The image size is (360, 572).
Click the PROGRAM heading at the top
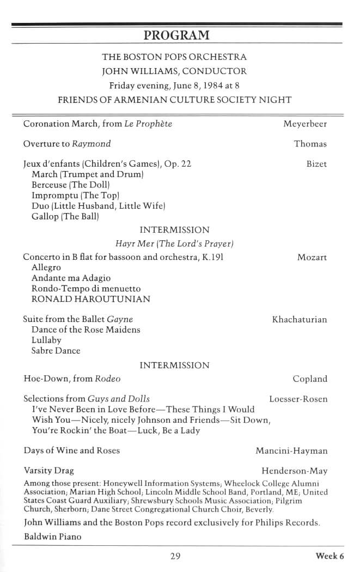(176, 35)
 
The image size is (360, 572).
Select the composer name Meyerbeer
(305, 124)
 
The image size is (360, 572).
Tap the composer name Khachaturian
(300, 319)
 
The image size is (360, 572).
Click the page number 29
(175, 556)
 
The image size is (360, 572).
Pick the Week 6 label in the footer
(330, 556)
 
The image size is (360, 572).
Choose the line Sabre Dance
(56, 351)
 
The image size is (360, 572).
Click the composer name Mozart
(312, 257)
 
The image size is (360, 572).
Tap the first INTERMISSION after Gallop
(174, 230)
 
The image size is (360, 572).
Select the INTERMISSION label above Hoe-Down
(174, 365)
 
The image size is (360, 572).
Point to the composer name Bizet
(316, 164)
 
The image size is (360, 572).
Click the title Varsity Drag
(48, 470)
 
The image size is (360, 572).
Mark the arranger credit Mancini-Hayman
(291, 451)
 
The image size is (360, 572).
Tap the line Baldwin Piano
(52, 537)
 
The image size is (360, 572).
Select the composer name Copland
(310, 379)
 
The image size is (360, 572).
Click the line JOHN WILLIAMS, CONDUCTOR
(174, 71)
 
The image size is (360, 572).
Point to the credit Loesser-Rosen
(298, 399)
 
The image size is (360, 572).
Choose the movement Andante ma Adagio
(71, 278)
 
